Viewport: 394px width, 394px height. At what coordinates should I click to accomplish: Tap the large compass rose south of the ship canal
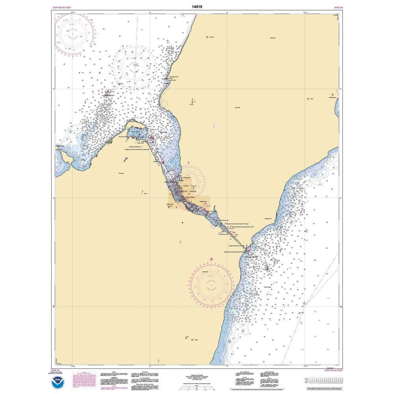pos(212,282)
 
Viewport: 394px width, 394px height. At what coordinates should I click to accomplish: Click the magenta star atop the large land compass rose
pos(212,259)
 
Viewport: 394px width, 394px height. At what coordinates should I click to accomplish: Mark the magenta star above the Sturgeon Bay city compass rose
pos(189,163)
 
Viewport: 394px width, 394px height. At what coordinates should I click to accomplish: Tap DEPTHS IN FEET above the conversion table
pos(327,371)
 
